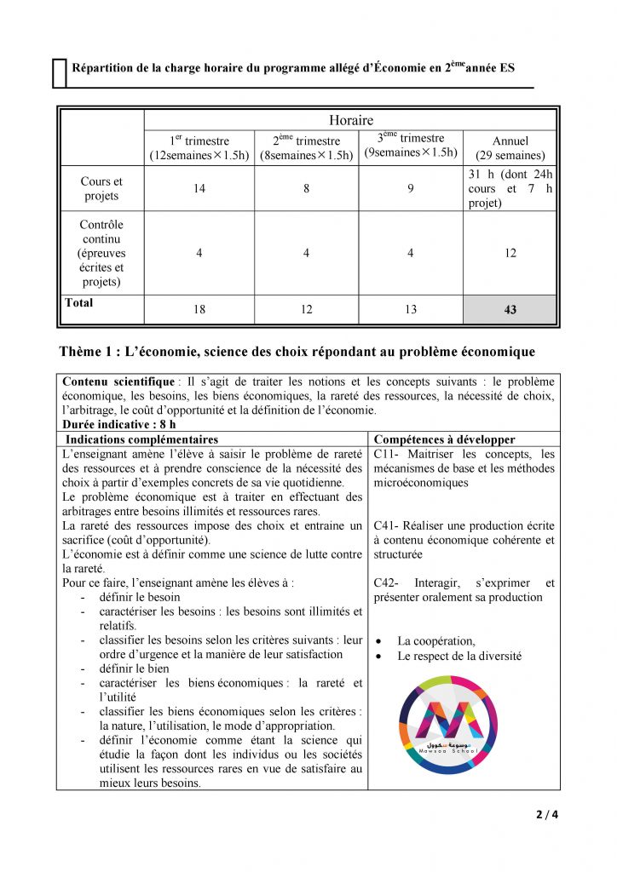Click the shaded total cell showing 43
tap(510, 310)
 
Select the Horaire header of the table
tap(350, 121)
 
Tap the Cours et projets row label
tap(101, 188)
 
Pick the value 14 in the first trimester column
tap(199, 188)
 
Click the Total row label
tap(78, 303)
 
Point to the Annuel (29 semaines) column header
tap(510, 148)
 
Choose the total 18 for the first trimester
tap(199, 310)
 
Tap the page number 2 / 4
tap(546, 814)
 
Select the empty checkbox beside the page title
tap(59, 73)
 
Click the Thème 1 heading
tap(297, 352)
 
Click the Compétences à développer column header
tap(444, 439)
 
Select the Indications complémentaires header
tap(141, 439)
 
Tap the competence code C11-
tap(389, 454)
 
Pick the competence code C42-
tap(389, 583)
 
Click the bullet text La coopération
tap(436, 641)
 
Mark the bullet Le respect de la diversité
tap(459, 656)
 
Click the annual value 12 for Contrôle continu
tap(510, 253)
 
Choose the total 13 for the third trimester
tap(411, 310)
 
